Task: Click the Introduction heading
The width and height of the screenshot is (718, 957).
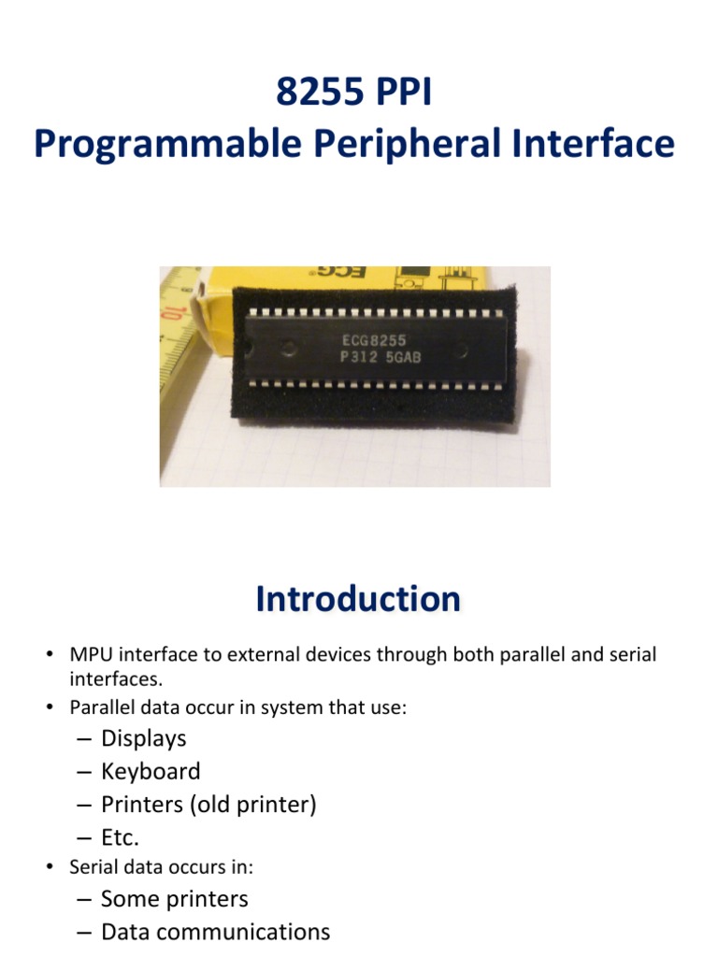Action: click(x=358, y=599)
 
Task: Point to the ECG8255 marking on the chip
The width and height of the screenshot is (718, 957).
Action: click(x=372, y=341)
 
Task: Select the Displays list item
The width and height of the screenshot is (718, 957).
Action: click(x=144, y=738)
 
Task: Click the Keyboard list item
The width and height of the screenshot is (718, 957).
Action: click(x=151, y=771)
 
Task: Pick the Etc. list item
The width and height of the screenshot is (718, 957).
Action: click(x=120, y=837)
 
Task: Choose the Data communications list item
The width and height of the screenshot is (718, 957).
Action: click(x=215, y=932)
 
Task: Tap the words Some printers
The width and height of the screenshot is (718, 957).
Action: click(x=174, y=899)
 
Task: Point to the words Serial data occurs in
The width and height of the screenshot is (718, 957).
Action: click(x=161, y=867)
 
